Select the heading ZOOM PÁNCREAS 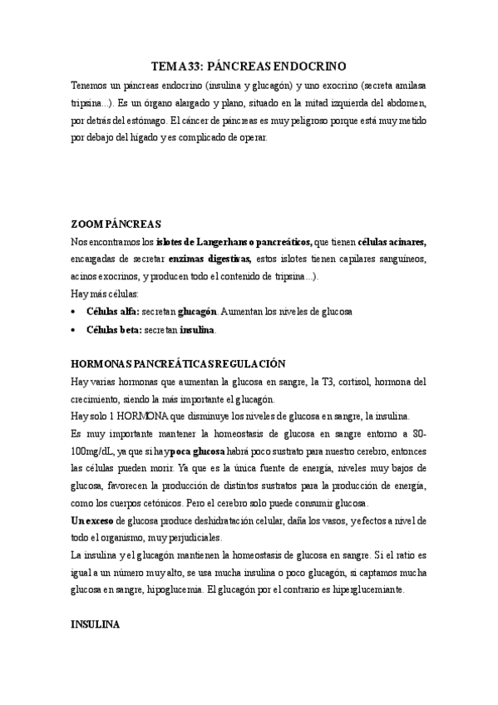click(116, 224)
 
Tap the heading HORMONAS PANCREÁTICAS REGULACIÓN click(178, 363)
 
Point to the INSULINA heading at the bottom click(96, 623)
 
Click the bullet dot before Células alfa click(76, 311)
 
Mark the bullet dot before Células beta click(76, 330)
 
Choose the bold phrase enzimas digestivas click(215, 259)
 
